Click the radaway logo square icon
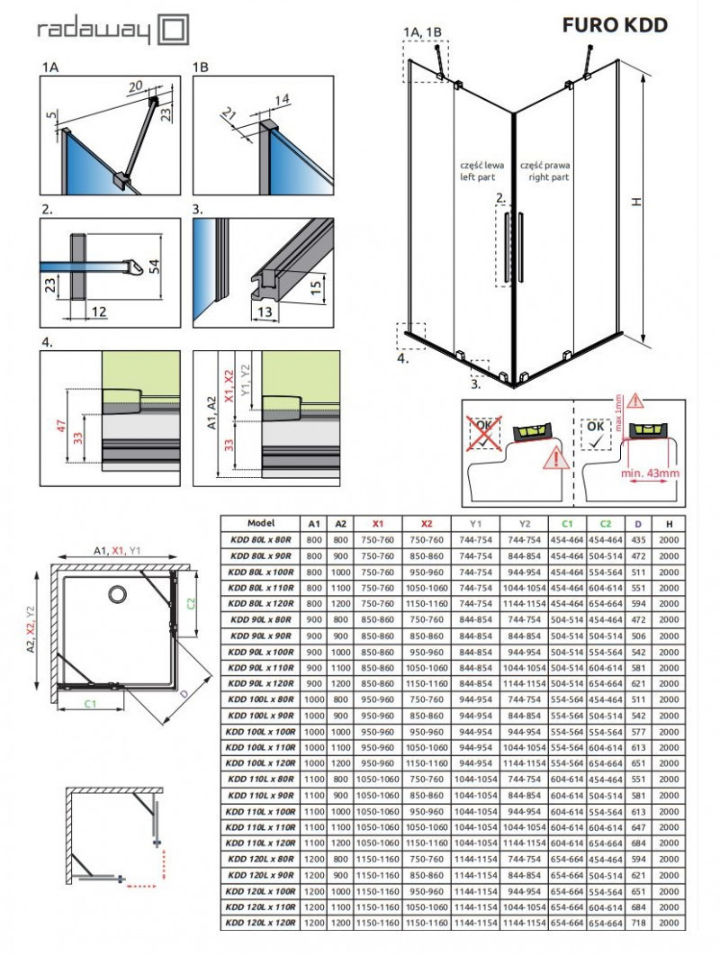tap(174, 30)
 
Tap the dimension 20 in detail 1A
tap(134, 86)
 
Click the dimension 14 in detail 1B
tap(258, 99)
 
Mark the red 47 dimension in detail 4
tap(60, 426)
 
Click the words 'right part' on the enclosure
tap(549, 178)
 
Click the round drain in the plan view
tap(116, 593)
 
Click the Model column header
tap(261, 522)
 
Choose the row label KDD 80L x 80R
tap(261, 538)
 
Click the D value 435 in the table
tap(637, 538)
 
